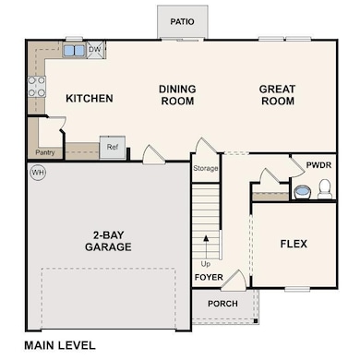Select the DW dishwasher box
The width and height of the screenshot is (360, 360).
click(94, 50)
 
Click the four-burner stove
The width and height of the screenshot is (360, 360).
click(38, 86)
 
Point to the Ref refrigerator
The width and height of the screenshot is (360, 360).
click(113, 147)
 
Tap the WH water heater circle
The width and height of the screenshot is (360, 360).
click(38, 172)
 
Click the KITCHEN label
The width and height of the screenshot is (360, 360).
click(89, 98)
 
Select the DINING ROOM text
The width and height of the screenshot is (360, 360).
click(176, 95)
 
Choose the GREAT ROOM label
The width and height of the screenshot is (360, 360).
click(277, 95)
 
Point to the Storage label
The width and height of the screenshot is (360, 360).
click(205, 169)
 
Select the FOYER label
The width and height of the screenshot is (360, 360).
click(208, 274)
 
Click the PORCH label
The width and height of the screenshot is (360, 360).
click(222, 304)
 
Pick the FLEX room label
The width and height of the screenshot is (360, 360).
click(294, 244)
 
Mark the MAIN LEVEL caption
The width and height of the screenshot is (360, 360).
click(60, 345)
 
